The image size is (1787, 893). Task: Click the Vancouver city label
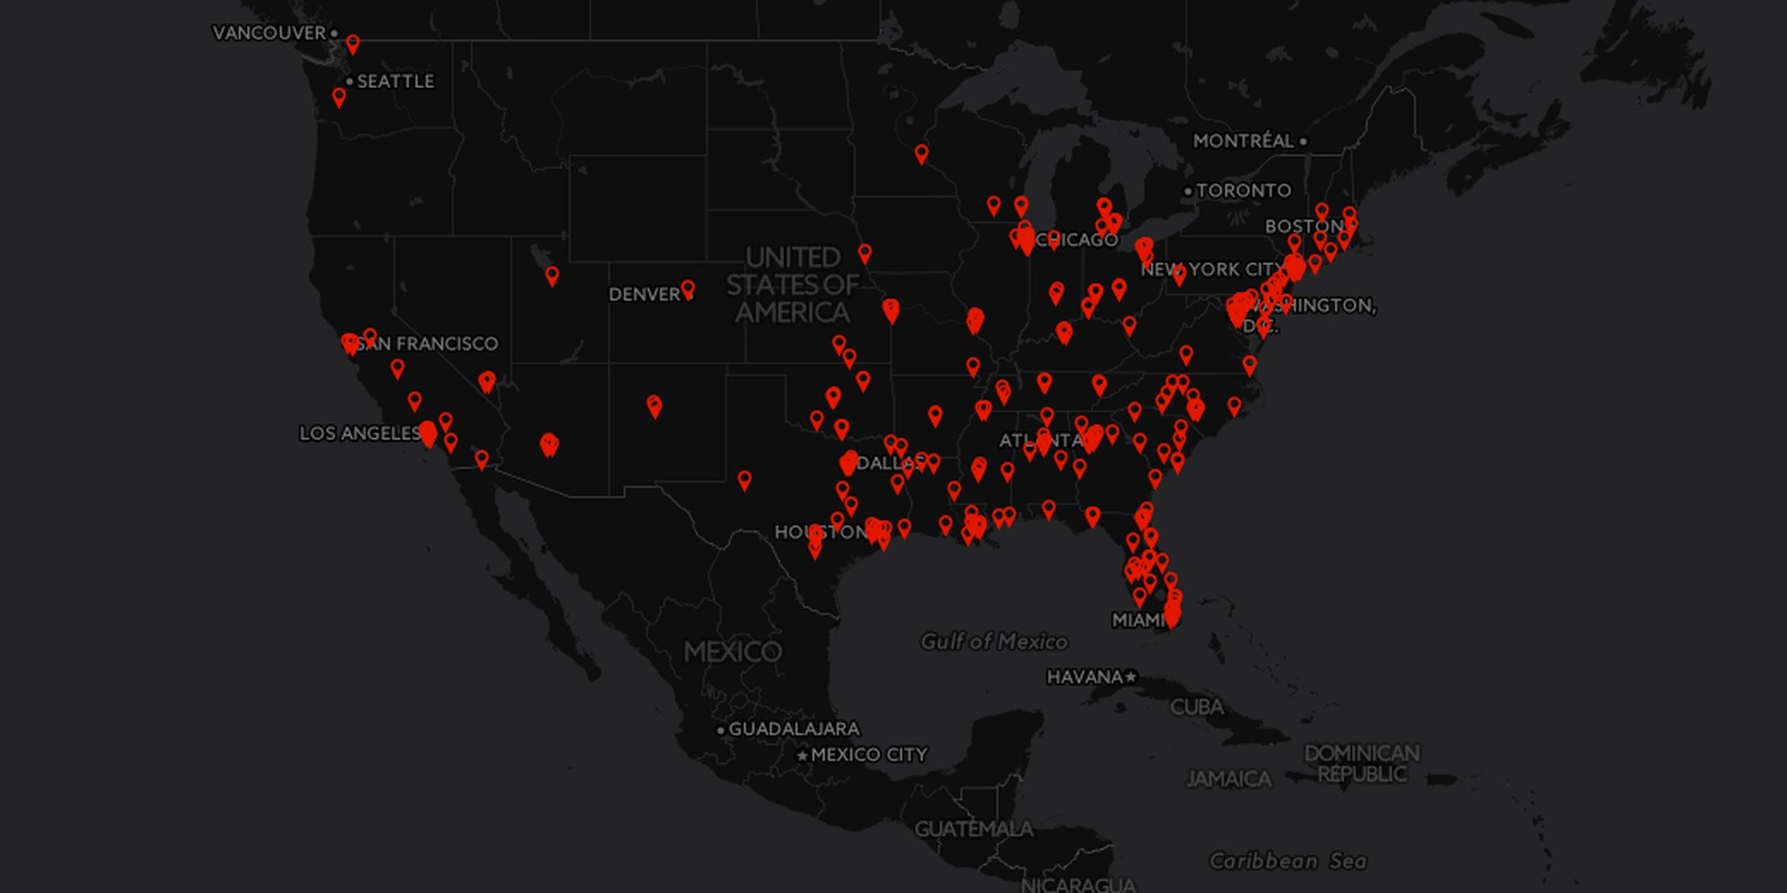tap(269, 33)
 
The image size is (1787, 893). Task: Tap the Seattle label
tap(395, 81)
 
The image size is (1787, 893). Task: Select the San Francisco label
tap(427, 344)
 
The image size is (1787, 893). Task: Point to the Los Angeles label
tap(359, 433)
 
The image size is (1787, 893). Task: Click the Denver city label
tap(644, 294)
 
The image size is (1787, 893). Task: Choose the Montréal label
tap(1243, 141)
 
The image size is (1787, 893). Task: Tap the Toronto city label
tap(1243, 190)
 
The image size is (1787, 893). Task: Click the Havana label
tap(1085, 677)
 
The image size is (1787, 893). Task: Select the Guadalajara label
tap(794, 729)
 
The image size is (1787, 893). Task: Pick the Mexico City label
tap(869, 754)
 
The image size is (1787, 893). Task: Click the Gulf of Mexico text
tap(994, 642)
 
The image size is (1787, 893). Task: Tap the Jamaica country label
tap(1229, 779)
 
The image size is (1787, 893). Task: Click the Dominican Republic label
tap(1361, 763)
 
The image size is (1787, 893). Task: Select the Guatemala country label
tap(974, 828)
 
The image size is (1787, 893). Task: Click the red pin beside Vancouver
tap(353, 44)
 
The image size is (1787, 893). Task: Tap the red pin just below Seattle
tap(339, 97)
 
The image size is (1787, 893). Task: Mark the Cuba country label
tap(1196, 706)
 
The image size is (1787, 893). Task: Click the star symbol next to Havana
tap(1131, 677)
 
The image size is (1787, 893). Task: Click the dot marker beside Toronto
tap(1188, 191)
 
